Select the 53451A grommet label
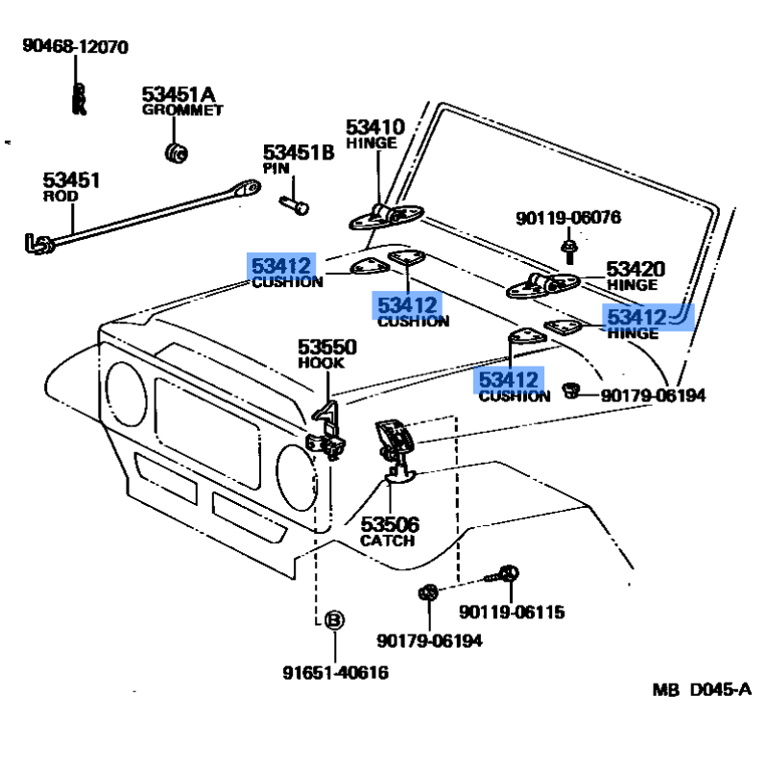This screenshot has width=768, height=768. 179,94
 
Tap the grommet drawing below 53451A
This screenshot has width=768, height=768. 176,151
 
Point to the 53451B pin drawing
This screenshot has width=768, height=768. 294,204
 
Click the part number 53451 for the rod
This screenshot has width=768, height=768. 70,180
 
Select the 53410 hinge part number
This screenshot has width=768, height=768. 375,127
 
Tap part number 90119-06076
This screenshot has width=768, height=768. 567,218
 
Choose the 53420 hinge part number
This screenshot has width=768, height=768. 635,269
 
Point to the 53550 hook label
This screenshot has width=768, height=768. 326,348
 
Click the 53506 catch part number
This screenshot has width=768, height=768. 389,524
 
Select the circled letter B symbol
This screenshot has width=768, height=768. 333,621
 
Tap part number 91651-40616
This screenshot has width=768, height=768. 335,673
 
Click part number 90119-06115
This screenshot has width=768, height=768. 511,612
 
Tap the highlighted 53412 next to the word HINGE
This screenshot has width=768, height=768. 636,316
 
